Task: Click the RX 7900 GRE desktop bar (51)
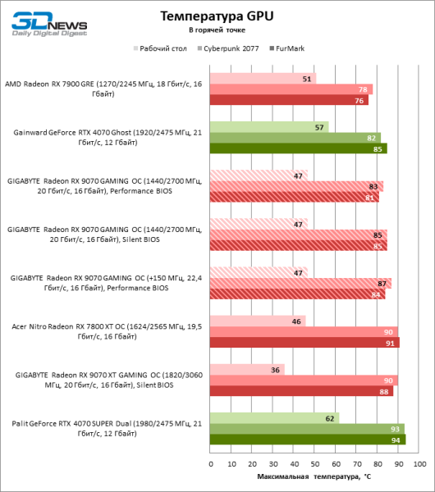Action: click(x=263, y=79)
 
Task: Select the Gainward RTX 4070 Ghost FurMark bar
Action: click(x=298, y=149)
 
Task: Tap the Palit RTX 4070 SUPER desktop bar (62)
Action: click(x=274, y=418)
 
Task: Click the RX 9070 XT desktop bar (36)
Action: click(x=247, y=370)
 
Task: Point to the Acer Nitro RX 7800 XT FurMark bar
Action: click(x=304, y=343)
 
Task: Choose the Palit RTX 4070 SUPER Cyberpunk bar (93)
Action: click(x=307, y=429)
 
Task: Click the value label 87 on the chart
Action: click(x=382, y=284)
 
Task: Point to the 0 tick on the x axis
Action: click(x=211, y=463)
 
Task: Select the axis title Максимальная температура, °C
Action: click(x=314, y=476)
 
